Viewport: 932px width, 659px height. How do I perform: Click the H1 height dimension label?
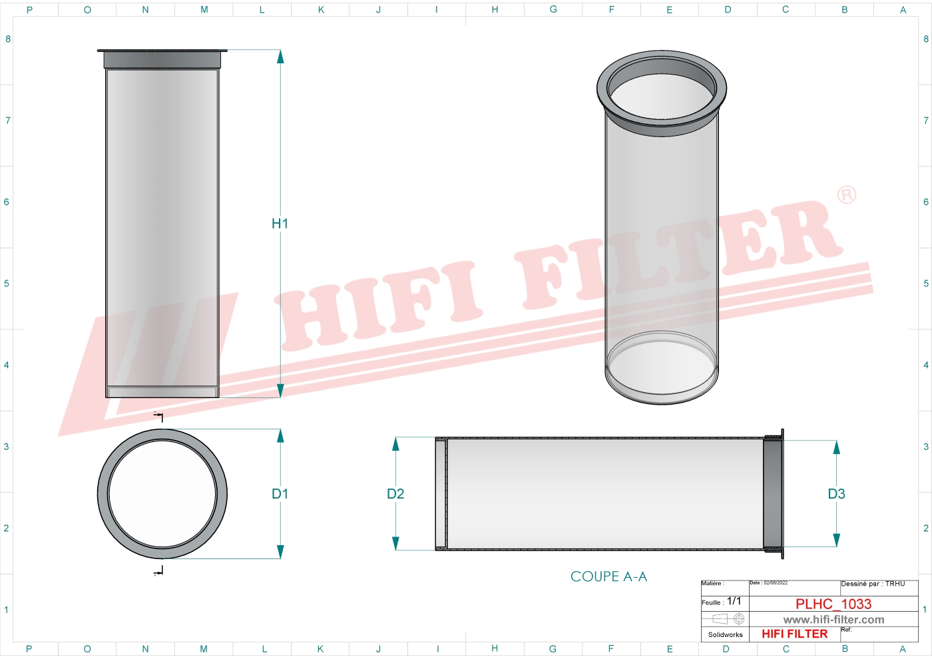(280, 224)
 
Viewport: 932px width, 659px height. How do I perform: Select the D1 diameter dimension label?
(280, 494)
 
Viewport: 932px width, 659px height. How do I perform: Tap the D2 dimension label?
(395, 494)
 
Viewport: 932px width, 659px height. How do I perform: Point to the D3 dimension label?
(836, 494)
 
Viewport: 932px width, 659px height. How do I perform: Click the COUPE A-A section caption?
(608, 576)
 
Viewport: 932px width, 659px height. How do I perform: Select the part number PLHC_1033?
(833, 604)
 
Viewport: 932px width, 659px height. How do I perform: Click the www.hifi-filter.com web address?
(833, 620)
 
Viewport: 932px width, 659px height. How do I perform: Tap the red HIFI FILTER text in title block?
(794, 634)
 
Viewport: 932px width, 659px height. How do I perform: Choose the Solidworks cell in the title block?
(725, 635)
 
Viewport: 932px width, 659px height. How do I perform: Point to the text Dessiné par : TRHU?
(873, 584)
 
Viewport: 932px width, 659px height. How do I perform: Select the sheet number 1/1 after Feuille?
(734, 601)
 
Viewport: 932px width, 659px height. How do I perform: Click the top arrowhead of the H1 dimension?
(280, 56)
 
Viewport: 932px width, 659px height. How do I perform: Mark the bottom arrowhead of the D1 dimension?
(280, 552)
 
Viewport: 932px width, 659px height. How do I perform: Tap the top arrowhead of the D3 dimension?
(837, 447)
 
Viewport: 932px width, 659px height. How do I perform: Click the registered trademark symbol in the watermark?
(846, 195)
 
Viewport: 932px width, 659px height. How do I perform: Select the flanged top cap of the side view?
(162, 59)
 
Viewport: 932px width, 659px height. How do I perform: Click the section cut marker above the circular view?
(159, 416)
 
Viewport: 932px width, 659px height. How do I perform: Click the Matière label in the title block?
(712, 584)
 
